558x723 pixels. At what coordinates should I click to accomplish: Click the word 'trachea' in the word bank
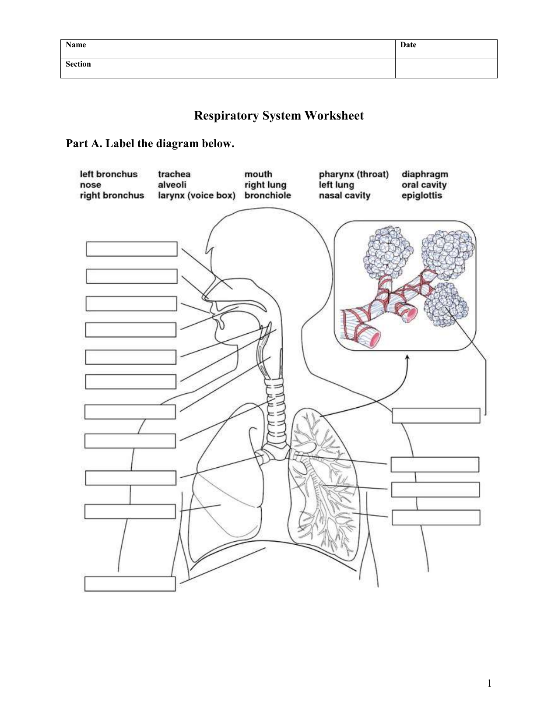click(x=174, y=174)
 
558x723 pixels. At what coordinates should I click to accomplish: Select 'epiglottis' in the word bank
click(x=421, y=195)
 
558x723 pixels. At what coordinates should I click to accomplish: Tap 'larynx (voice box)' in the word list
click(x=197, y=195)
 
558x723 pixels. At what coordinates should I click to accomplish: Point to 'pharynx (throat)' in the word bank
click(x=354, y=174)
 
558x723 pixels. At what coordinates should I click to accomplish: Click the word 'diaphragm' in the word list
click(x=425, y=174)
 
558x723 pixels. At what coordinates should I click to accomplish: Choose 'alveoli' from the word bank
click(x=172, y=185)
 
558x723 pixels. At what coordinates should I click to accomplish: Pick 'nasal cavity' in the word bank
click(x=344, y=195)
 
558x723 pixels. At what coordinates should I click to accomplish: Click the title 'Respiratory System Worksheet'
click(x=279, y=116)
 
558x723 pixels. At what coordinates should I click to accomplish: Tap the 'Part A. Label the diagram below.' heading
click(x=150, y=144)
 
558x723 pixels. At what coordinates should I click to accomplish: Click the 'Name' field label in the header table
click(x=76, y=45)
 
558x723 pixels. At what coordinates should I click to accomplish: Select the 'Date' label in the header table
click(x=408, y=45)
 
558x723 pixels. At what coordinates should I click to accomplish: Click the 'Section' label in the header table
click(x=78, y=64)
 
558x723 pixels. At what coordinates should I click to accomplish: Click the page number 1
click(x=489, y=683)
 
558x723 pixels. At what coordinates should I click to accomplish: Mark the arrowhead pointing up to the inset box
click(x=407, y=358)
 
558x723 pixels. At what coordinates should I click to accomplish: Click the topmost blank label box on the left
click(x=132, y=249)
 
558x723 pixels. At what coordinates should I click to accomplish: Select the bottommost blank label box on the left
click(x=130, y=584)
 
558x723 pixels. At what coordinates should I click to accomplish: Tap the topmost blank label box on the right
click(x=436, y=416)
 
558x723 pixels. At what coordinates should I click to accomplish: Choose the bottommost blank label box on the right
click(x=436, y=517)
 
